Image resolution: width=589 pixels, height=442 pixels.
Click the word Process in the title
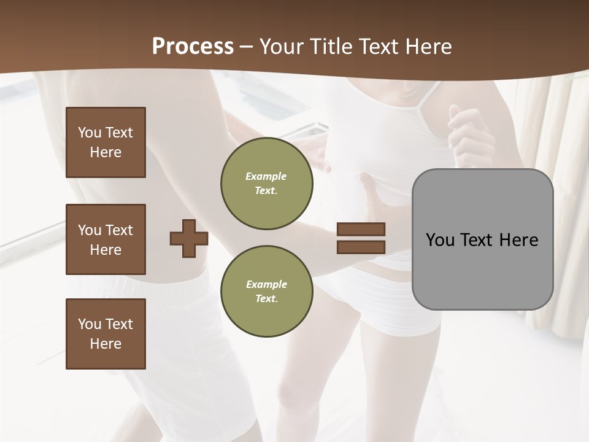[193, 47]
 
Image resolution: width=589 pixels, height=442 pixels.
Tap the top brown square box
[106, 142]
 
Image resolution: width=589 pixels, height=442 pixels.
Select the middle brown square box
[106, 239]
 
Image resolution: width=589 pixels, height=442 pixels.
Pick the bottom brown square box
[106, 334]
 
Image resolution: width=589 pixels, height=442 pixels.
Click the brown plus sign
[189, 238]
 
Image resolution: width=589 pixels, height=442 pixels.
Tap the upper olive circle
[266, 184]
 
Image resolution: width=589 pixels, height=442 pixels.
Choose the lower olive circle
[266, 291]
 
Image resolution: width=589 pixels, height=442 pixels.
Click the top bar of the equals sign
[361, 230]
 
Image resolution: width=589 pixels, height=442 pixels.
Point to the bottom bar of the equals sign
[361, 247]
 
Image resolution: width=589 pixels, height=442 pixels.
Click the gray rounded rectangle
[482, 270]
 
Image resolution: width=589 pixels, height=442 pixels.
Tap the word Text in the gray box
[477, 240]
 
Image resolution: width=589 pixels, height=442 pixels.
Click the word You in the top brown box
[90, 133]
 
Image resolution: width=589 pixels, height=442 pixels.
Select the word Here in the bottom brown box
[106, 344]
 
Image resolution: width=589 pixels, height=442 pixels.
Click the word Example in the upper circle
[266, 176]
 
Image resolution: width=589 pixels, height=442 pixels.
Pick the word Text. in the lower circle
[266, 298]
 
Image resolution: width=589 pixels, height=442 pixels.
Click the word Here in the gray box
[518, 240]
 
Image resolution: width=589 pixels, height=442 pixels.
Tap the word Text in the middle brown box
[119, 230]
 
